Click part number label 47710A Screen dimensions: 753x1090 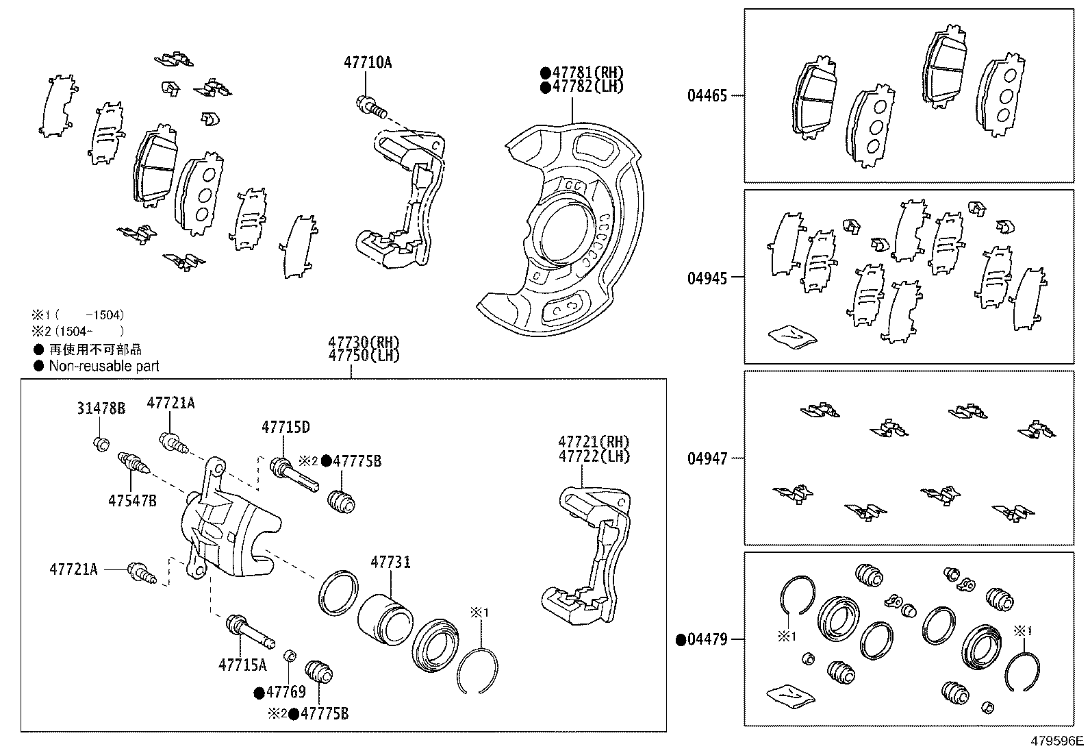[x=368, y=62]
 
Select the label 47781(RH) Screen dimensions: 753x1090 [x=587, y=73]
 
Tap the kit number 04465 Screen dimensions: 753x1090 [x=707, y=95]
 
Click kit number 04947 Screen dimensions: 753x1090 [x=707, y=458]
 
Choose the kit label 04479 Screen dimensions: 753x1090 [x=707, y=640]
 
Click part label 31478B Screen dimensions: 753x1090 [x=101, y=409]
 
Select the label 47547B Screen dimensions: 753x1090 [x=132, y=502]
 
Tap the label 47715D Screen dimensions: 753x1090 [x=286, y=428]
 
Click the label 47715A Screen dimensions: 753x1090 [x=242, y=665]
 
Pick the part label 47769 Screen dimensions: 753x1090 [x=286, y=692]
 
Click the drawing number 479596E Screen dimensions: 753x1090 [x=1058, y=741]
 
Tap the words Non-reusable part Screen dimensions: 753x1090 [x=104, y=366]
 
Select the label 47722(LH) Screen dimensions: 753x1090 [x=594, y=456]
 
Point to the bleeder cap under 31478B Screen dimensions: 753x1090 [x=101, y=444]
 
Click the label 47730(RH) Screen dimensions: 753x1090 [x=363, y=342]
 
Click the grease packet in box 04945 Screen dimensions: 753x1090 [x=791, y=336]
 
